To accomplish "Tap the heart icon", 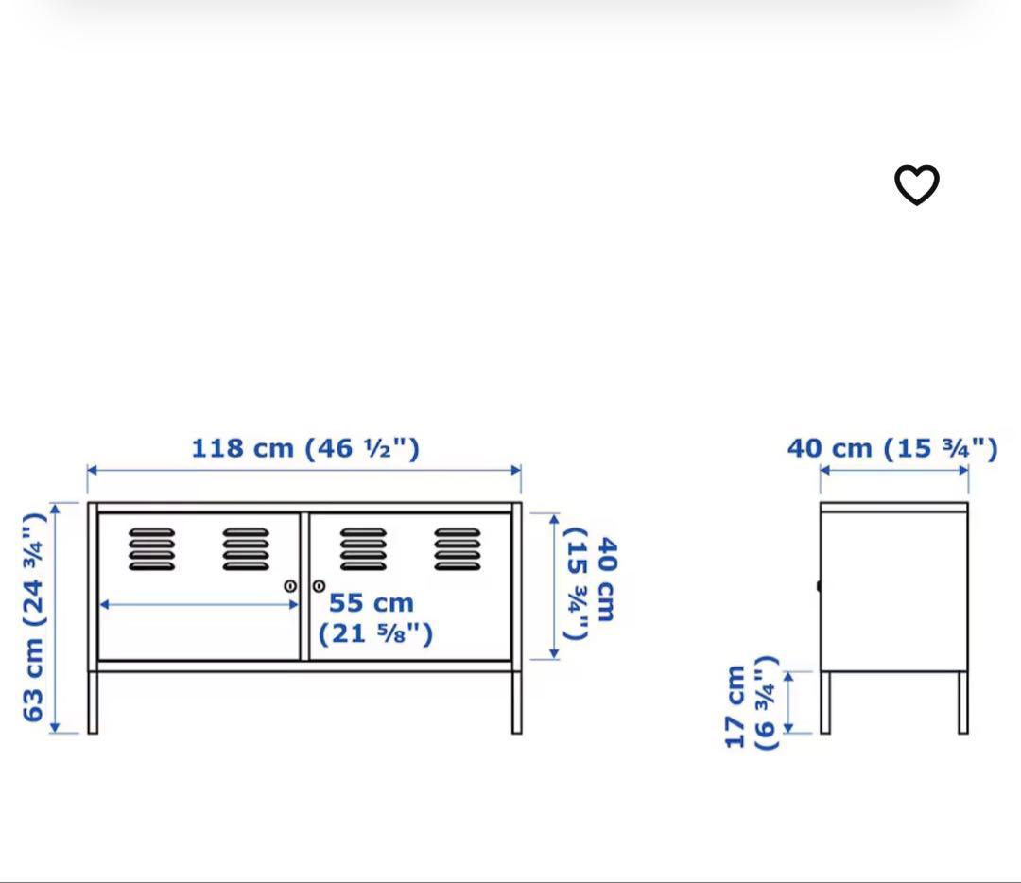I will (916, 184).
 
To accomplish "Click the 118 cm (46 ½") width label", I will (304, 447).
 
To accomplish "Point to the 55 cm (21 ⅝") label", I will (374, 618).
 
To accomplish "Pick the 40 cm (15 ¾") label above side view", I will (891, 447).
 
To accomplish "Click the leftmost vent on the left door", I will (151, 549).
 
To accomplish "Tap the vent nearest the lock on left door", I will (246, 549).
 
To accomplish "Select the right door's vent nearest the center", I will (364, 549).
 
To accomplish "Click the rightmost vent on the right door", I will (458, 549).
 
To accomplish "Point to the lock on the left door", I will (291, 586).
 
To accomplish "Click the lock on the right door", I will (319, 586).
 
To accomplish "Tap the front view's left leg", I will (93, 701).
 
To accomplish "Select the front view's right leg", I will (517, 701).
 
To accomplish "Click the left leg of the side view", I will (825, 701).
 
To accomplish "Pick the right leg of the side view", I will (963, 701).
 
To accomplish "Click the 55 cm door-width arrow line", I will (199, 604).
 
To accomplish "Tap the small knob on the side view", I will (819, 586).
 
